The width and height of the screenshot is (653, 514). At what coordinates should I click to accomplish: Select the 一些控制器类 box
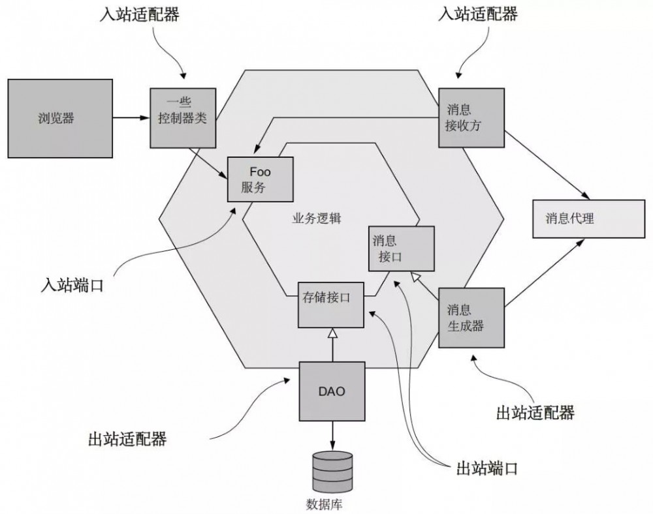coord(182,117)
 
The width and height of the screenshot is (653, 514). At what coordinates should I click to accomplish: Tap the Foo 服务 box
coord(260,179)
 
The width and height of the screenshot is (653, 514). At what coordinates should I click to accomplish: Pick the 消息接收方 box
coord(471,117)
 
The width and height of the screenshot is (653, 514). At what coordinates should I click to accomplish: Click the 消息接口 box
coord(400,249)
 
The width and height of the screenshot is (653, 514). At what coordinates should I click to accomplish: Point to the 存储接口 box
coord(331,305)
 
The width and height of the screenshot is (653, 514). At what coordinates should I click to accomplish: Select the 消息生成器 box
coord(471,317)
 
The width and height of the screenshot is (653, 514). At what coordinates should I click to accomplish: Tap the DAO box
coord(332,391)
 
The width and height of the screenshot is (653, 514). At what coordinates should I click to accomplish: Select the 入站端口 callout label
coord(72,285)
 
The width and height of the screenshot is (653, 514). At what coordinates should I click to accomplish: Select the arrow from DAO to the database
coord(332,433)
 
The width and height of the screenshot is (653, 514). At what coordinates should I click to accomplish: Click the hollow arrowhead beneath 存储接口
coord(332,334)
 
